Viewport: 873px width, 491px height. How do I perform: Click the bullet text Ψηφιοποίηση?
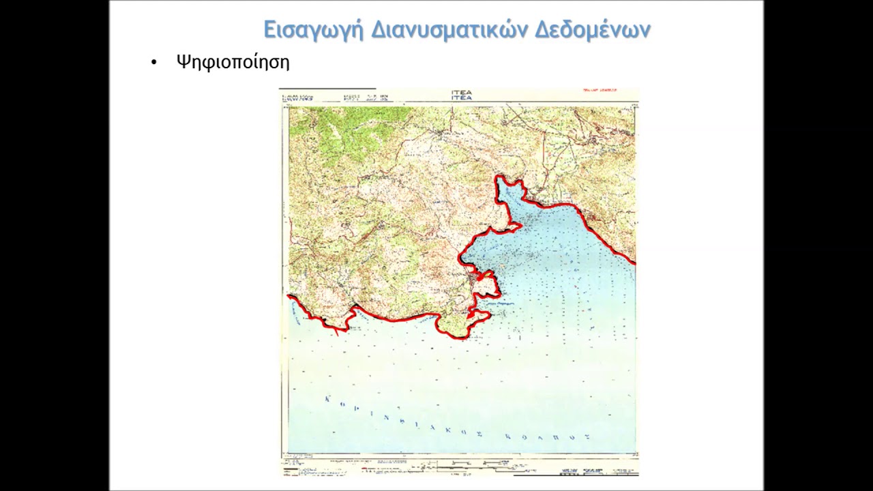pyautogui.click(x=233, y=63)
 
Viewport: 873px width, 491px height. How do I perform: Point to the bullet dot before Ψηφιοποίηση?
pyautogui.click(x=154, y=63)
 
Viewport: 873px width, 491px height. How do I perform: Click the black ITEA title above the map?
pyautogui.click(x=461, y=92)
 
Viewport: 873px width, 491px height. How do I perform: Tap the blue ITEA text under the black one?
pyautogui.click(x=461, y=98)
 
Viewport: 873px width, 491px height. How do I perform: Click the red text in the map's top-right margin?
pyautogui.click(x=600, y=91)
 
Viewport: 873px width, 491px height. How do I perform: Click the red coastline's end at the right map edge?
pyautogui.click(x=634, y=263)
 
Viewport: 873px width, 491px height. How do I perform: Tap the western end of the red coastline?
pyautogui.click(x=288, y=296)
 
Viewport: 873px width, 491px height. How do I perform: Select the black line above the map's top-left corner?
pyautogui.click(x=327, y=89)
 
